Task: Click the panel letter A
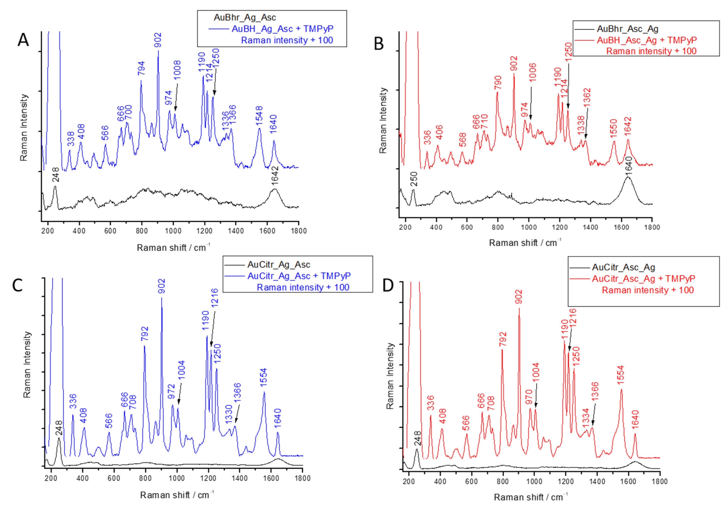(x=23, y=40)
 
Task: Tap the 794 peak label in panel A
(x=141, y=68)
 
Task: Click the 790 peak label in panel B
(x=498, y=83)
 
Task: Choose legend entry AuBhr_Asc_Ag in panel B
(x=627, y=29)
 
